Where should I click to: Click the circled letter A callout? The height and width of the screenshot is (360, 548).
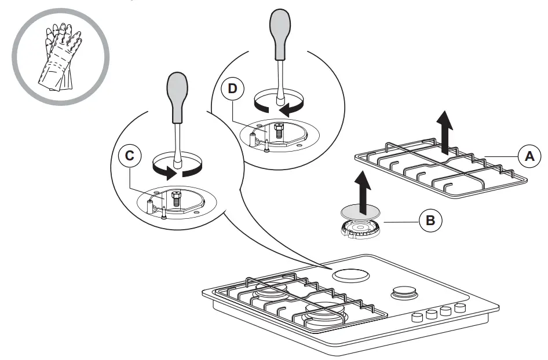pos(527,156)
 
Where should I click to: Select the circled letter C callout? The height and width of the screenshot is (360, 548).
pos(130,156)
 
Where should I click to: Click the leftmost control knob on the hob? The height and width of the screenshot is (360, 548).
pos(417,317)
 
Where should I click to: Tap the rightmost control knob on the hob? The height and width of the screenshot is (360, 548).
pos(461,307)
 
